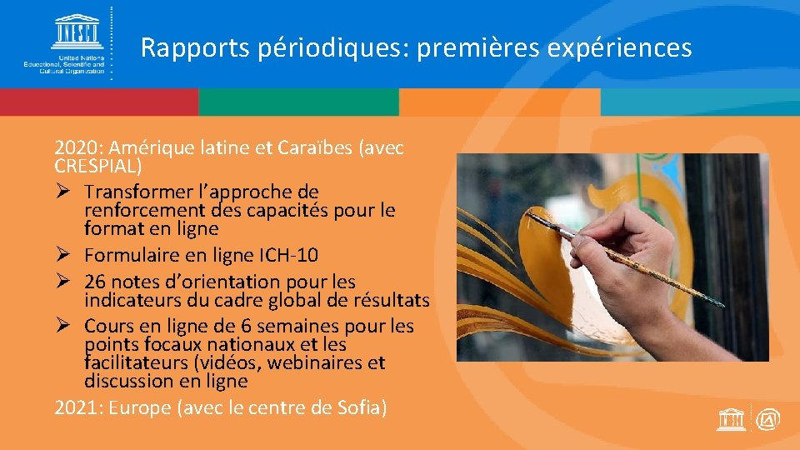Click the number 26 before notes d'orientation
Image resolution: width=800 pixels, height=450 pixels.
tap(95, 282)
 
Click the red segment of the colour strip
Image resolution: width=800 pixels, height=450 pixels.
tap(99, 102)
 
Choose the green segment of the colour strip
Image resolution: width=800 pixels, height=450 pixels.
tap(299, 102)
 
